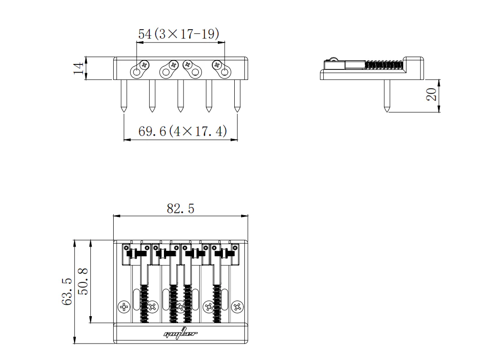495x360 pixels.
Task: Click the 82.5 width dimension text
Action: point(180,209)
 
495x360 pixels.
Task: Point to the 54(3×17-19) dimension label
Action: point(179,34)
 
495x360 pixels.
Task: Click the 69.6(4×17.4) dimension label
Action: point(183,132)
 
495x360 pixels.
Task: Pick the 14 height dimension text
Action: point(79,68)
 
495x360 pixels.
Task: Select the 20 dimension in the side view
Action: point(432,95)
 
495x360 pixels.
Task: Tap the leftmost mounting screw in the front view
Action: point(124,95)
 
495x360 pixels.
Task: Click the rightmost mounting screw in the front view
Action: point(237,95)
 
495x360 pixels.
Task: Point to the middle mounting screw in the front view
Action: point(180,95)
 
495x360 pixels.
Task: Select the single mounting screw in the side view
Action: point(387,96)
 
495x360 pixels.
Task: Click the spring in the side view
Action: point(384,65)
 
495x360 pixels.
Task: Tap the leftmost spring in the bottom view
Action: point(145,304)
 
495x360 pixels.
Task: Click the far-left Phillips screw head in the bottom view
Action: point(124,307)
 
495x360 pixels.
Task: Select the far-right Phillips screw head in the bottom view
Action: point(237,307)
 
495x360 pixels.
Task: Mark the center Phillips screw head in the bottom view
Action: point(180,307)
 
